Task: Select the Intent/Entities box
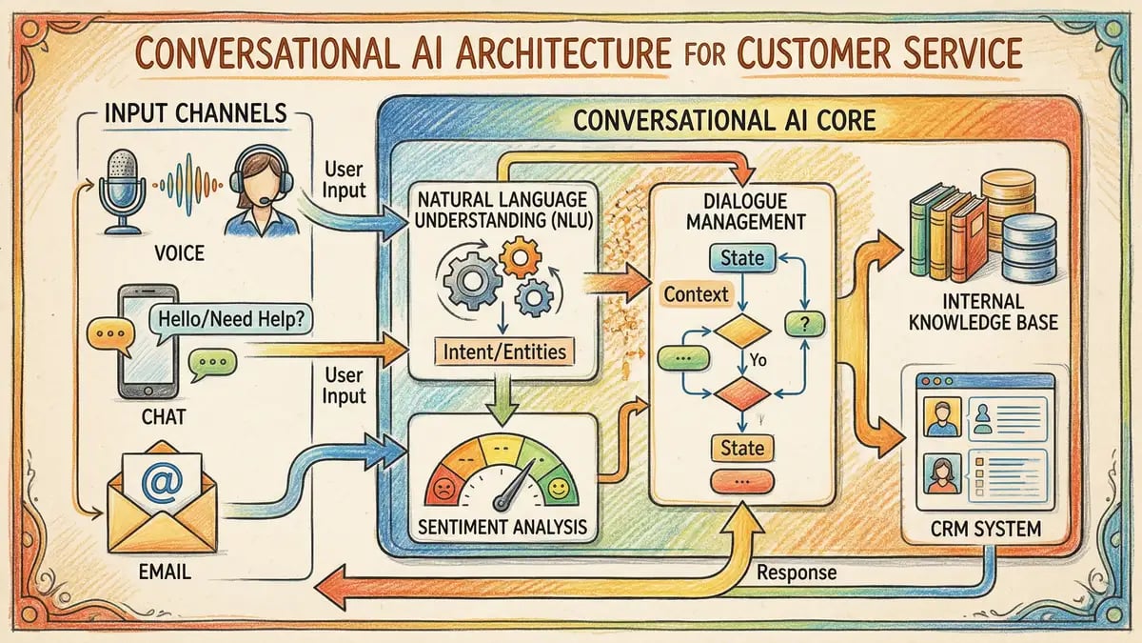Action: pyautogui.click(x=504, y=352)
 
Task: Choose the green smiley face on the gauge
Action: pyautogui.click(x=561, y=489)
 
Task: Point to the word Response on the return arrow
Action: pyautogui.click(x=797, y=573)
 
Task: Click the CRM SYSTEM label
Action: pyautogui.click(x=986, y=526)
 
